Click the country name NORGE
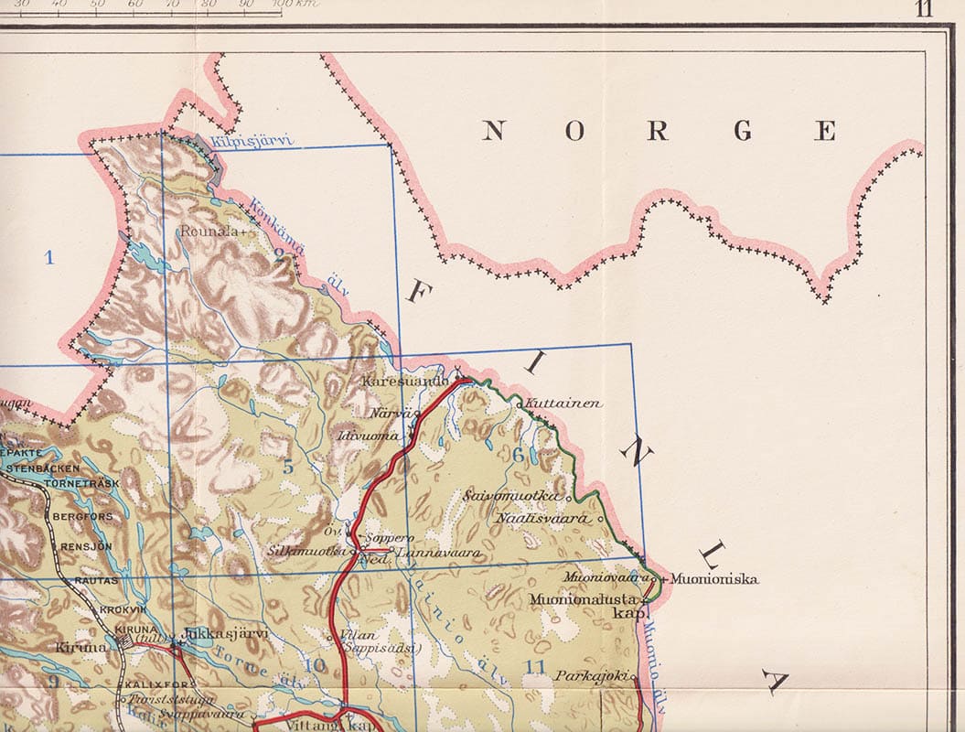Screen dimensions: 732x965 coord(659,131)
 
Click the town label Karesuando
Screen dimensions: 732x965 coord(403,380)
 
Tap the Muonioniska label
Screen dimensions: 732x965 coord(713,578)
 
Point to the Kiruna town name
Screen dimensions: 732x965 coord(81,646)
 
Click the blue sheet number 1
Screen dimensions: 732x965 coord(49,257)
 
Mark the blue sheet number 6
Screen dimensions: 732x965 coord(518,455)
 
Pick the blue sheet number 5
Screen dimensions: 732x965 coord(288,467)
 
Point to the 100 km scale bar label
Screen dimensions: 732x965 coord(291,5)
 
